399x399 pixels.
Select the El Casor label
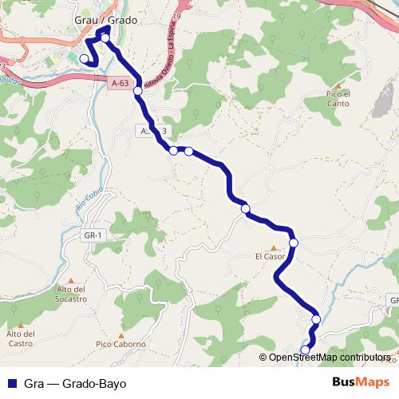click(x=270, y=257)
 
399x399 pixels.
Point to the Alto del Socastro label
click(x=72, y=294)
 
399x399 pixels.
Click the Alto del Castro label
click(x=22, y=338)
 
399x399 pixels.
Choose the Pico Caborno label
click(x=120, y=344)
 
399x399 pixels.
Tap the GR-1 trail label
click(x=93, y=235)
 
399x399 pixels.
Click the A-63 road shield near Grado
click(x=120, y=81)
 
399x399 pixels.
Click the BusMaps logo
click(x=361, y=382)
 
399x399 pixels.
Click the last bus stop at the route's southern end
click(x=306, y=350)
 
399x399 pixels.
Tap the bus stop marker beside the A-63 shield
click(x=138, y=91)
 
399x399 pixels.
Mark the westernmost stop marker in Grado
click(x=84, y=58)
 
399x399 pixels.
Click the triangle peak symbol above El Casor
click(x=273, y=247)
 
